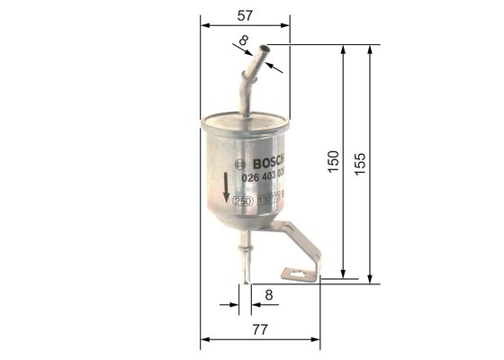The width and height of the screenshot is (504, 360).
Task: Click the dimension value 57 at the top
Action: click(x=245, y=14)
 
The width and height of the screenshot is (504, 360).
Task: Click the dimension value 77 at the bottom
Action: click(x=259, y=329)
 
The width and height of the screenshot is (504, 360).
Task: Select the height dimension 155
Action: click(x=360, y=163)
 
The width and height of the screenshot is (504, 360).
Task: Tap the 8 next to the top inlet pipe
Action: click(x=243, y=40)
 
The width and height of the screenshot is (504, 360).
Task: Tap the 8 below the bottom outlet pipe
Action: click(x=268, y=293)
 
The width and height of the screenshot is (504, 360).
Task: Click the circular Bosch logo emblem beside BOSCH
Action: click(x=238, y=164)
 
